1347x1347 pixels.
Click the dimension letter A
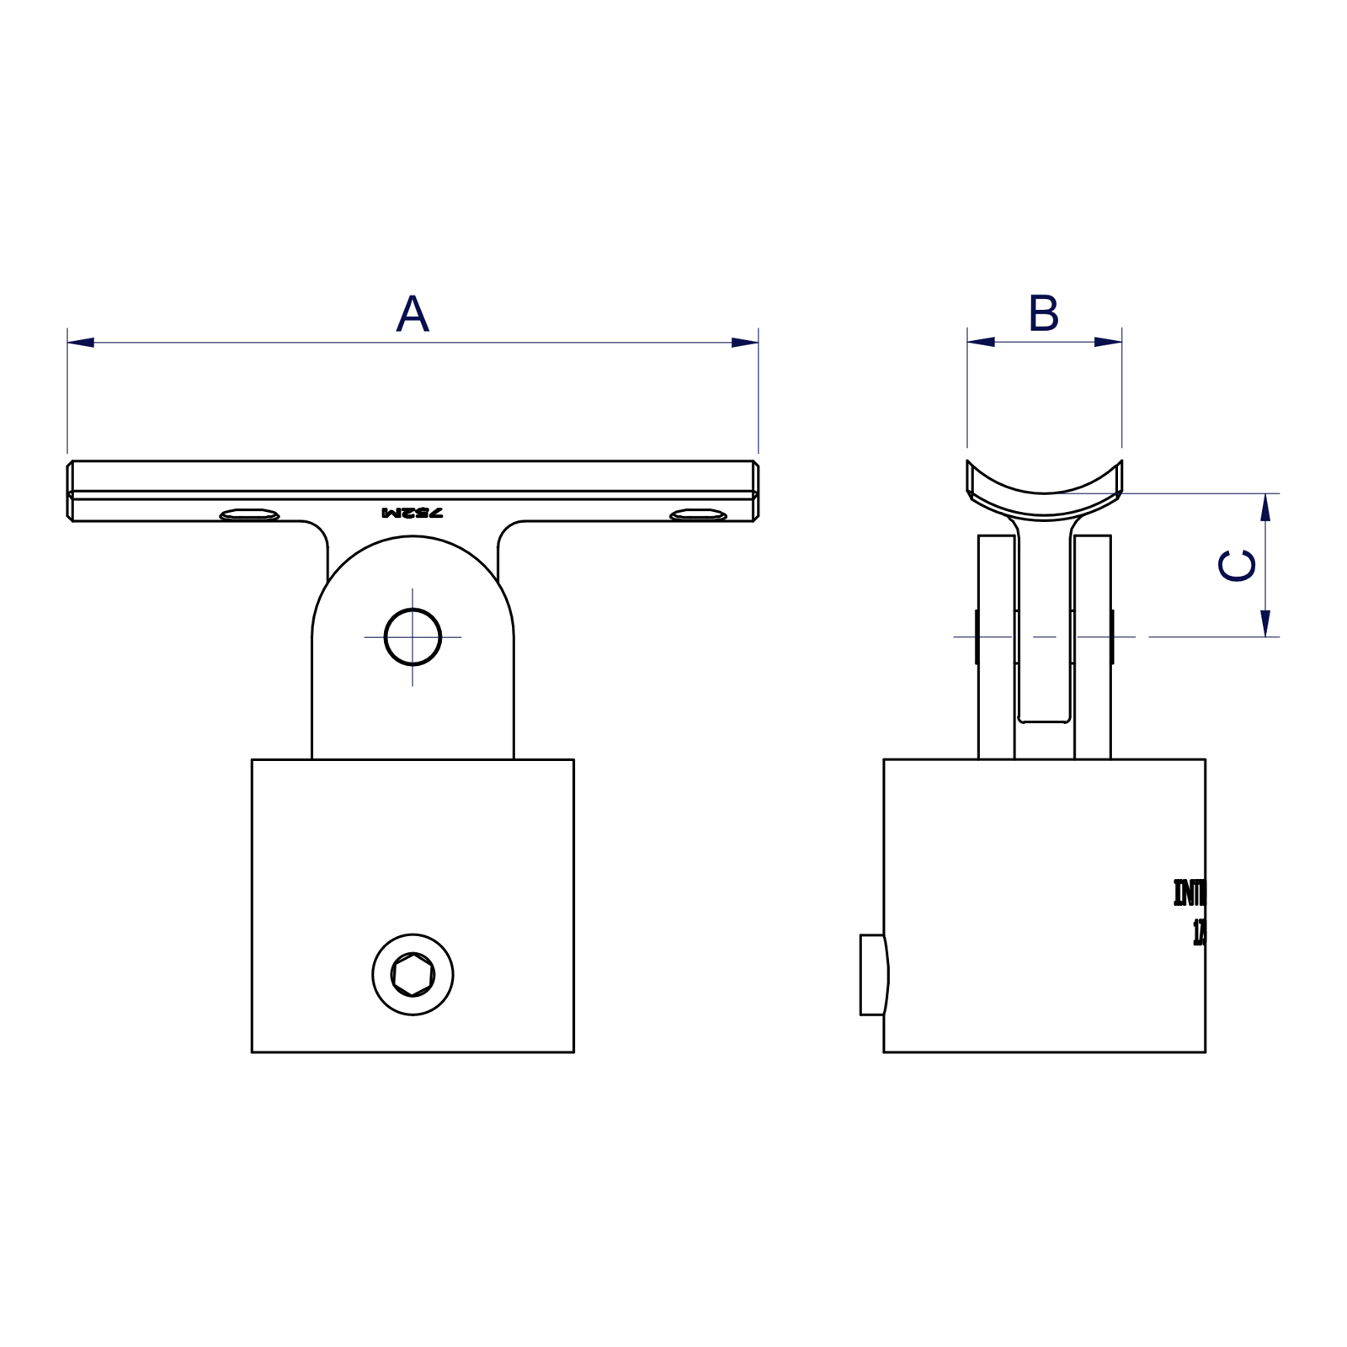413,314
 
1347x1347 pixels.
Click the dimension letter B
1043,313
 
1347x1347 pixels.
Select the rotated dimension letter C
1237,565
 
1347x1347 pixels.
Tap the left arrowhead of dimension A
81,343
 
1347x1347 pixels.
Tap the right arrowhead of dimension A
744,343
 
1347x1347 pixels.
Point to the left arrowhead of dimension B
982,342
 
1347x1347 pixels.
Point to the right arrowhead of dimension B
1108,342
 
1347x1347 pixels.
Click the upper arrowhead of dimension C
1264,508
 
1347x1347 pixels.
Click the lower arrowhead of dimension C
1264,623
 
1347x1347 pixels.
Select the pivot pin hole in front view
413,637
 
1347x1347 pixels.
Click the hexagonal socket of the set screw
413,975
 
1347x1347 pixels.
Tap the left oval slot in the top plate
249,514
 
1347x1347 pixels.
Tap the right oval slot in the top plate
698,514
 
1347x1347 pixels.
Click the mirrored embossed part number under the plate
413,512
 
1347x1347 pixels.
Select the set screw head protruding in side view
873,975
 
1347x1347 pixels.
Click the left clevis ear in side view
996,648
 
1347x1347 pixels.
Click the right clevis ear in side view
1093,648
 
